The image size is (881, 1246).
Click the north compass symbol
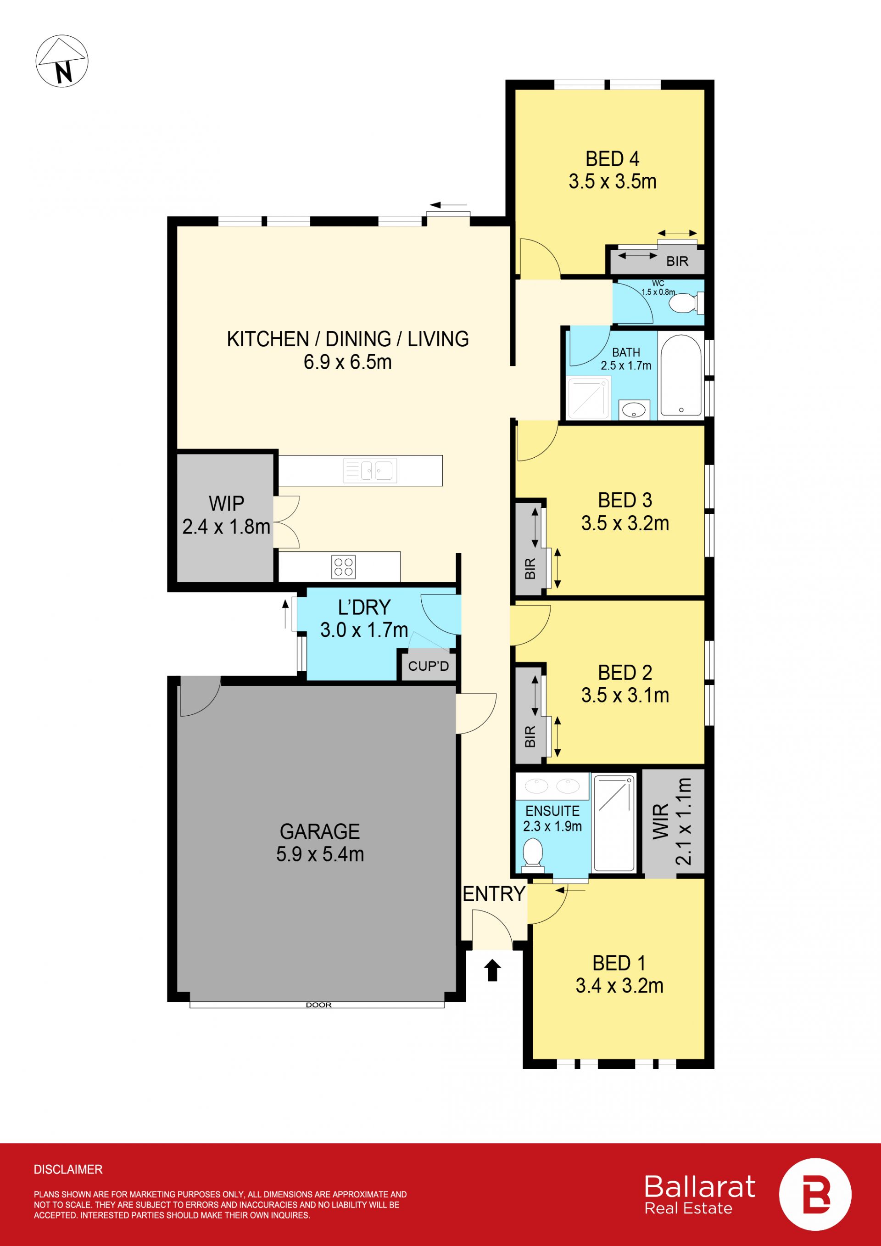tap(61, 61)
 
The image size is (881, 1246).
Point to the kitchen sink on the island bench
tap(370, 471)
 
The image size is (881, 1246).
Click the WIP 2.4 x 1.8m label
tap(226, 515)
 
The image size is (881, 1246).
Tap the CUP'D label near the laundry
tap(429, 666)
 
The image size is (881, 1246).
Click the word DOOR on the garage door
tap(318, 1005)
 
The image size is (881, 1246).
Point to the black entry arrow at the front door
tap(492, 970)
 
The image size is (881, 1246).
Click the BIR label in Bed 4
tap(677, 261)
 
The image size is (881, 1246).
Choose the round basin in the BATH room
tap(634, 410)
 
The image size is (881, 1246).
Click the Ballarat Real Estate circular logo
tap(815, 1195)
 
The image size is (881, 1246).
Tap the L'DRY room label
tap(364, 607)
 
